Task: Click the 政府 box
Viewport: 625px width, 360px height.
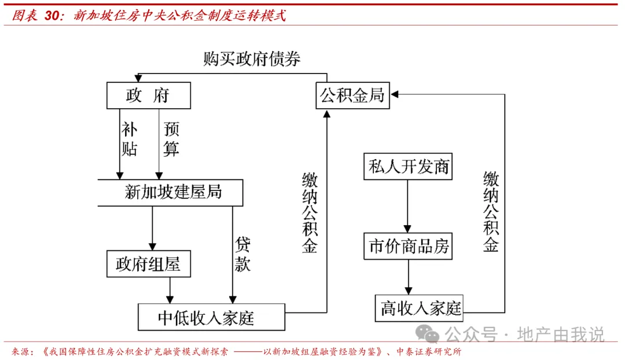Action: [x=149, y=95]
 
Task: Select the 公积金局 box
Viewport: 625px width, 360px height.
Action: [x=353, y=95]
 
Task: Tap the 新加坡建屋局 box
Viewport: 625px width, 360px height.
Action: [x=171, y=193]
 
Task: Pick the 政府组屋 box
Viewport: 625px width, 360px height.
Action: [x=149, y=264]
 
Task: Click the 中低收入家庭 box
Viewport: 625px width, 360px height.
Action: [x=212, y=317]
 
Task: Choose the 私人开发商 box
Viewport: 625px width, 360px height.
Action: [x=408, y=167]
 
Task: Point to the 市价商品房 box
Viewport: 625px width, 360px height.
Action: [x=408, y=247]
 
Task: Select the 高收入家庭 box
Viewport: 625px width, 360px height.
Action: [x=420, y=308]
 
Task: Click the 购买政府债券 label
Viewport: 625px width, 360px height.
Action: [x=252, y=59]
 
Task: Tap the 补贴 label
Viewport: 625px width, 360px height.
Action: [x=129, y=139]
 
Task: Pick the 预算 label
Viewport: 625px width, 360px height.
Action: [x=171, y=139]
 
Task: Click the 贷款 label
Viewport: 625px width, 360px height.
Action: [x=242, y=254]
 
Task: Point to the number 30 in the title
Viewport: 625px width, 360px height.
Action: [x=52, y=16]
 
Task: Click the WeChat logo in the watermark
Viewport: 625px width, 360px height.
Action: [x=427, y=334]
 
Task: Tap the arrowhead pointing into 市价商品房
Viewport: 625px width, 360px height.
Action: [x=407, y=229]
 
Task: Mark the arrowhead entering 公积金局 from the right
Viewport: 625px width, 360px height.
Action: [x=395, y=94]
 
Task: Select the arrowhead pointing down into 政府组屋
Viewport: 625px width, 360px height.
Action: [x=152, y=247]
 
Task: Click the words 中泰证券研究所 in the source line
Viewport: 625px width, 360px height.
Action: [x=429, y=352]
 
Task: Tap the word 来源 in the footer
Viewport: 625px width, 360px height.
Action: [x=20, y=352]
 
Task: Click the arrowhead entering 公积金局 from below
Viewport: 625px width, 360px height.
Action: [x=327, y=114]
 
